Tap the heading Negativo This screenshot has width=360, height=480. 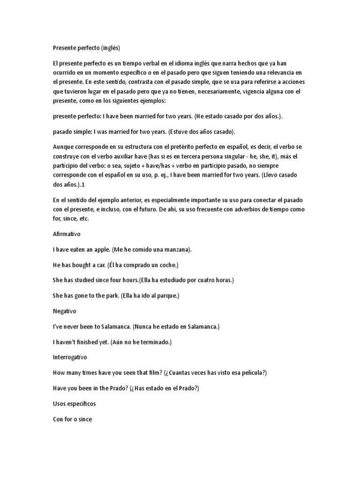click(x=65, y=311)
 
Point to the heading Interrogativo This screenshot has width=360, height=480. click(x=70, y=357)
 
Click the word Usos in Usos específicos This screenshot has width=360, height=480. click(x=60, y=403)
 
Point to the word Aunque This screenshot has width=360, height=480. click(x=64, y=147)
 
